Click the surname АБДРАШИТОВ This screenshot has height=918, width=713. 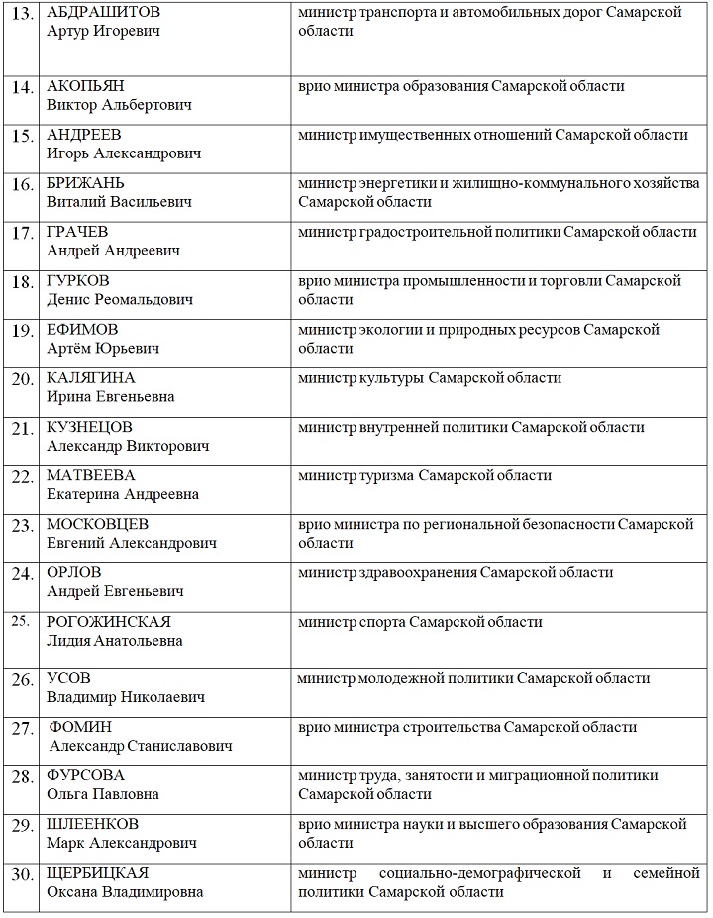coord(103,13)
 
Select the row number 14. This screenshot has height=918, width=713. coord(22,87)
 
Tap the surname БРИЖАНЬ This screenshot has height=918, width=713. coord(85,183)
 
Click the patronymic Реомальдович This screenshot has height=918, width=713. coord(145,299)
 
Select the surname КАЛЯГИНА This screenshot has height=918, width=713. coord(91,377)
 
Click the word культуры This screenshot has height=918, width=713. coord(396,377)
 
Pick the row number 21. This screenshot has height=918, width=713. coord(22,428)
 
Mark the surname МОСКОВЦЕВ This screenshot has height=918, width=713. coord(98,524)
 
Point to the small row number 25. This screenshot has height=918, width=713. coord(20,622)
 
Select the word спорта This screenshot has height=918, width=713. coord(381,622)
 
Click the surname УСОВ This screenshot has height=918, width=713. coord(68,678)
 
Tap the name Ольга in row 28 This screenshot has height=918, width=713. coord(67,794)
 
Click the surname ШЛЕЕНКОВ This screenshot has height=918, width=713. coord(93,824)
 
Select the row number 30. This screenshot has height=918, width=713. coord(22,874)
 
